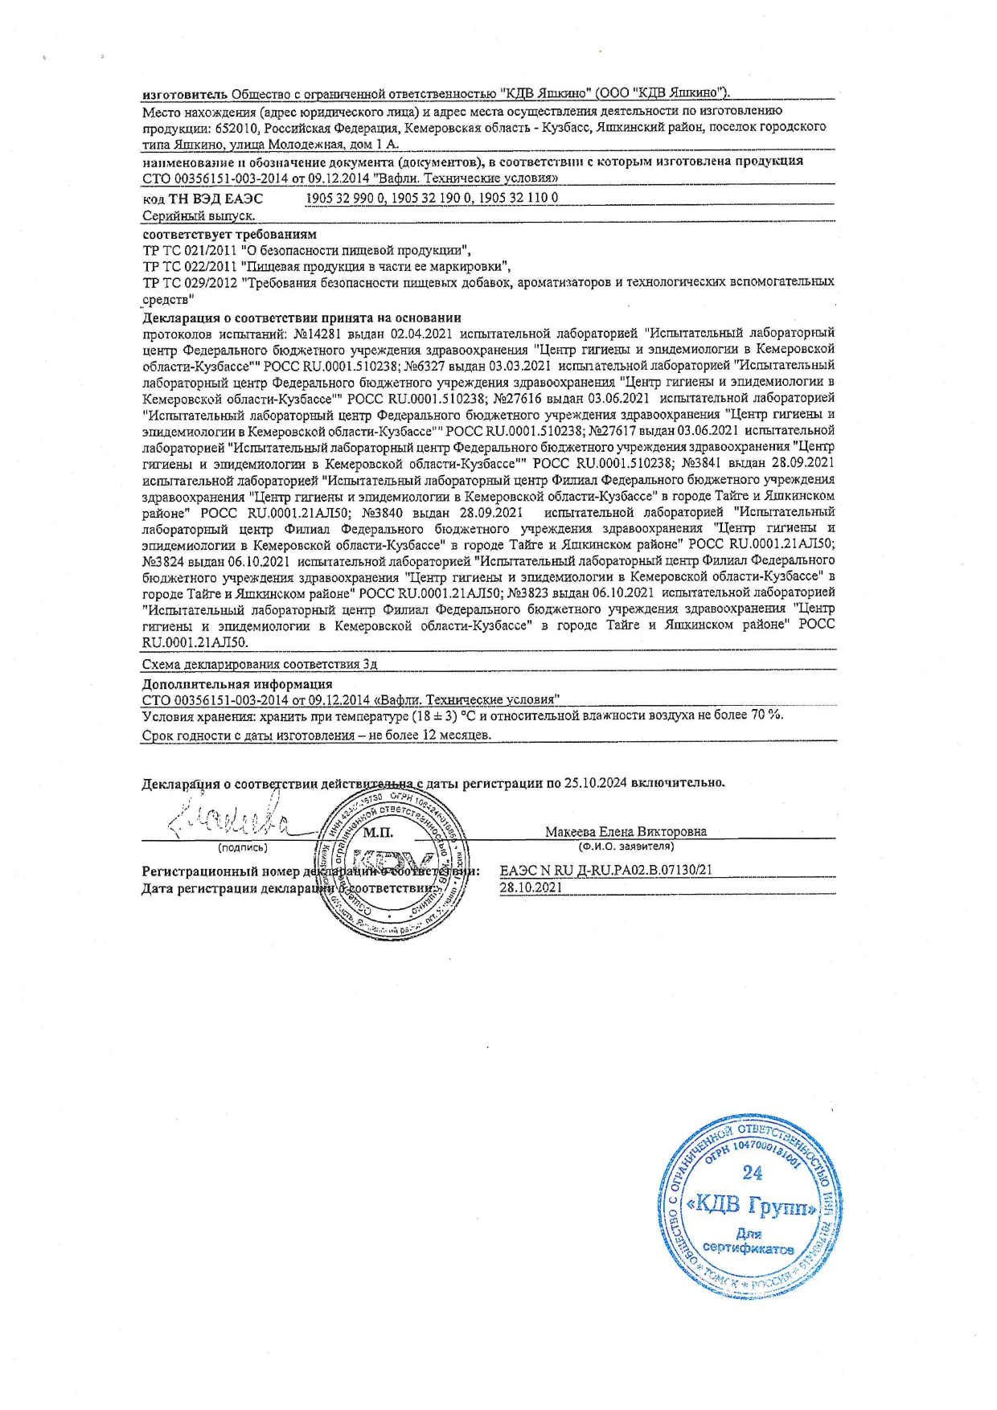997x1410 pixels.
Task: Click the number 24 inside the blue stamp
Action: click(x=752, y=1173)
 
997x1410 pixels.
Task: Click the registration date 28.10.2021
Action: click(x=531, y=888)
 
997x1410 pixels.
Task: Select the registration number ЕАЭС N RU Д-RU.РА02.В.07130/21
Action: click(x=605, y=870)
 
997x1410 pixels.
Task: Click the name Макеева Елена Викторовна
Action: click(x=626, y=832)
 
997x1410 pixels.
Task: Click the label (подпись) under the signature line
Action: click(x=243, y=846)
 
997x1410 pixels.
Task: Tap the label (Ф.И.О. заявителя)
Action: click(x=626, y=846)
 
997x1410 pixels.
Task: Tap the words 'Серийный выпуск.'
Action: click(x=199, y=216)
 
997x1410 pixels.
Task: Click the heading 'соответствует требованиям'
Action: click(x=229, y=235)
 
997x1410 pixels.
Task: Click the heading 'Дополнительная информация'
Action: click(x=237, y=684)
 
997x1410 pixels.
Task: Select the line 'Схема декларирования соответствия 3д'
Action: click(x=260, y=665)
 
